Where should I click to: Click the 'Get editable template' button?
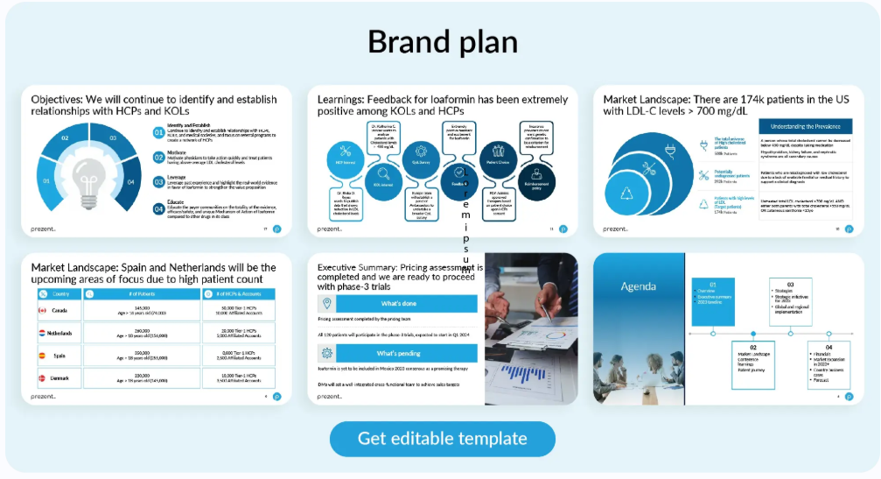click(442, 439)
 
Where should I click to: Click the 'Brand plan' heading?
click(442, 41)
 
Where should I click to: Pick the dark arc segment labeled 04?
click(129, 182)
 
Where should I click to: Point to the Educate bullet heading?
click(175, 201)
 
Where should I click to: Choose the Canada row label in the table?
click(59, 311)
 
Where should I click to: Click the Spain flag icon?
click(41, 356)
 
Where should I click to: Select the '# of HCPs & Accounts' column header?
click(238, 293)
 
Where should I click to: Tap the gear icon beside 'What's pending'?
click(326, 353)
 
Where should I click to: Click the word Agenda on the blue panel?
click(638, 286)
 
